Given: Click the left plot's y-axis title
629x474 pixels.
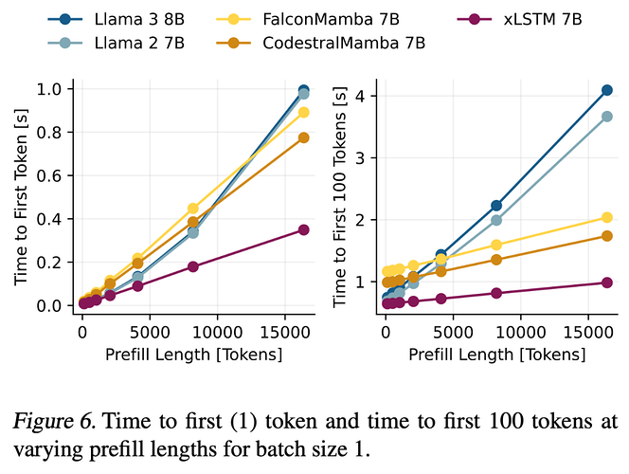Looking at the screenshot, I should tap(21, 197).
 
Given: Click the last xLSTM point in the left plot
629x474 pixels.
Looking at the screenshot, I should tap(304, 229).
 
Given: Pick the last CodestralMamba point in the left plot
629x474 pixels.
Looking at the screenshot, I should tap(304, 137).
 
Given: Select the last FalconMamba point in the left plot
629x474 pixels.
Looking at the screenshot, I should tap(304, 112).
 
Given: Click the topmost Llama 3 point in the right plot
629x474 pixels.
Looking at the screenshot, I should tap(607, 90).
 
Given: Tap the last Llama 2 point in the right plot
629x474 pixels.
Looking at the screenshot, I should tap(607, 117).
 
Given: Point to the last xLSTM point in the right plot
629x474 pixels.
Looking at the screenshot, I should tap(607, 283).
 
